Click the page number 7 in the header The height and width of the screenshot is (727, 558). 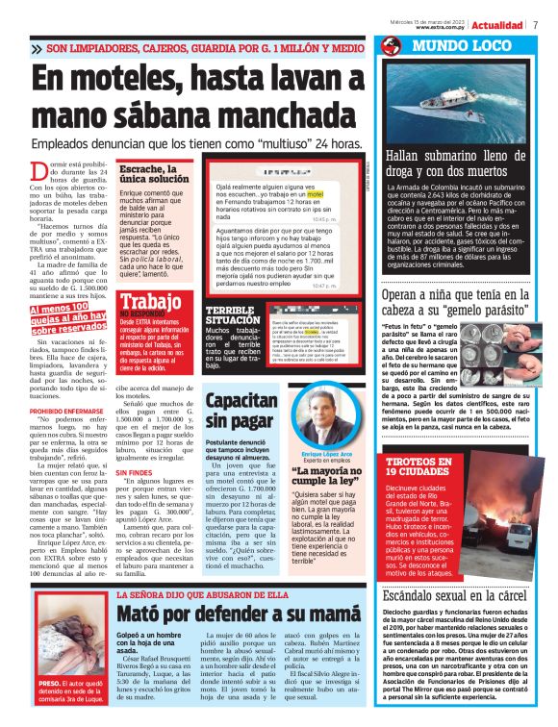click(x=534, y=24)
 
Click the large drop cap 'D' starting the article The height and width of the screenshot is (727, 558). click(x=41, y=174)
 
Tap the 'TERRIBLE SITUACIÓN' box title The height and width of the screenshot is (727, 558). click(x=230, y=315)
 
